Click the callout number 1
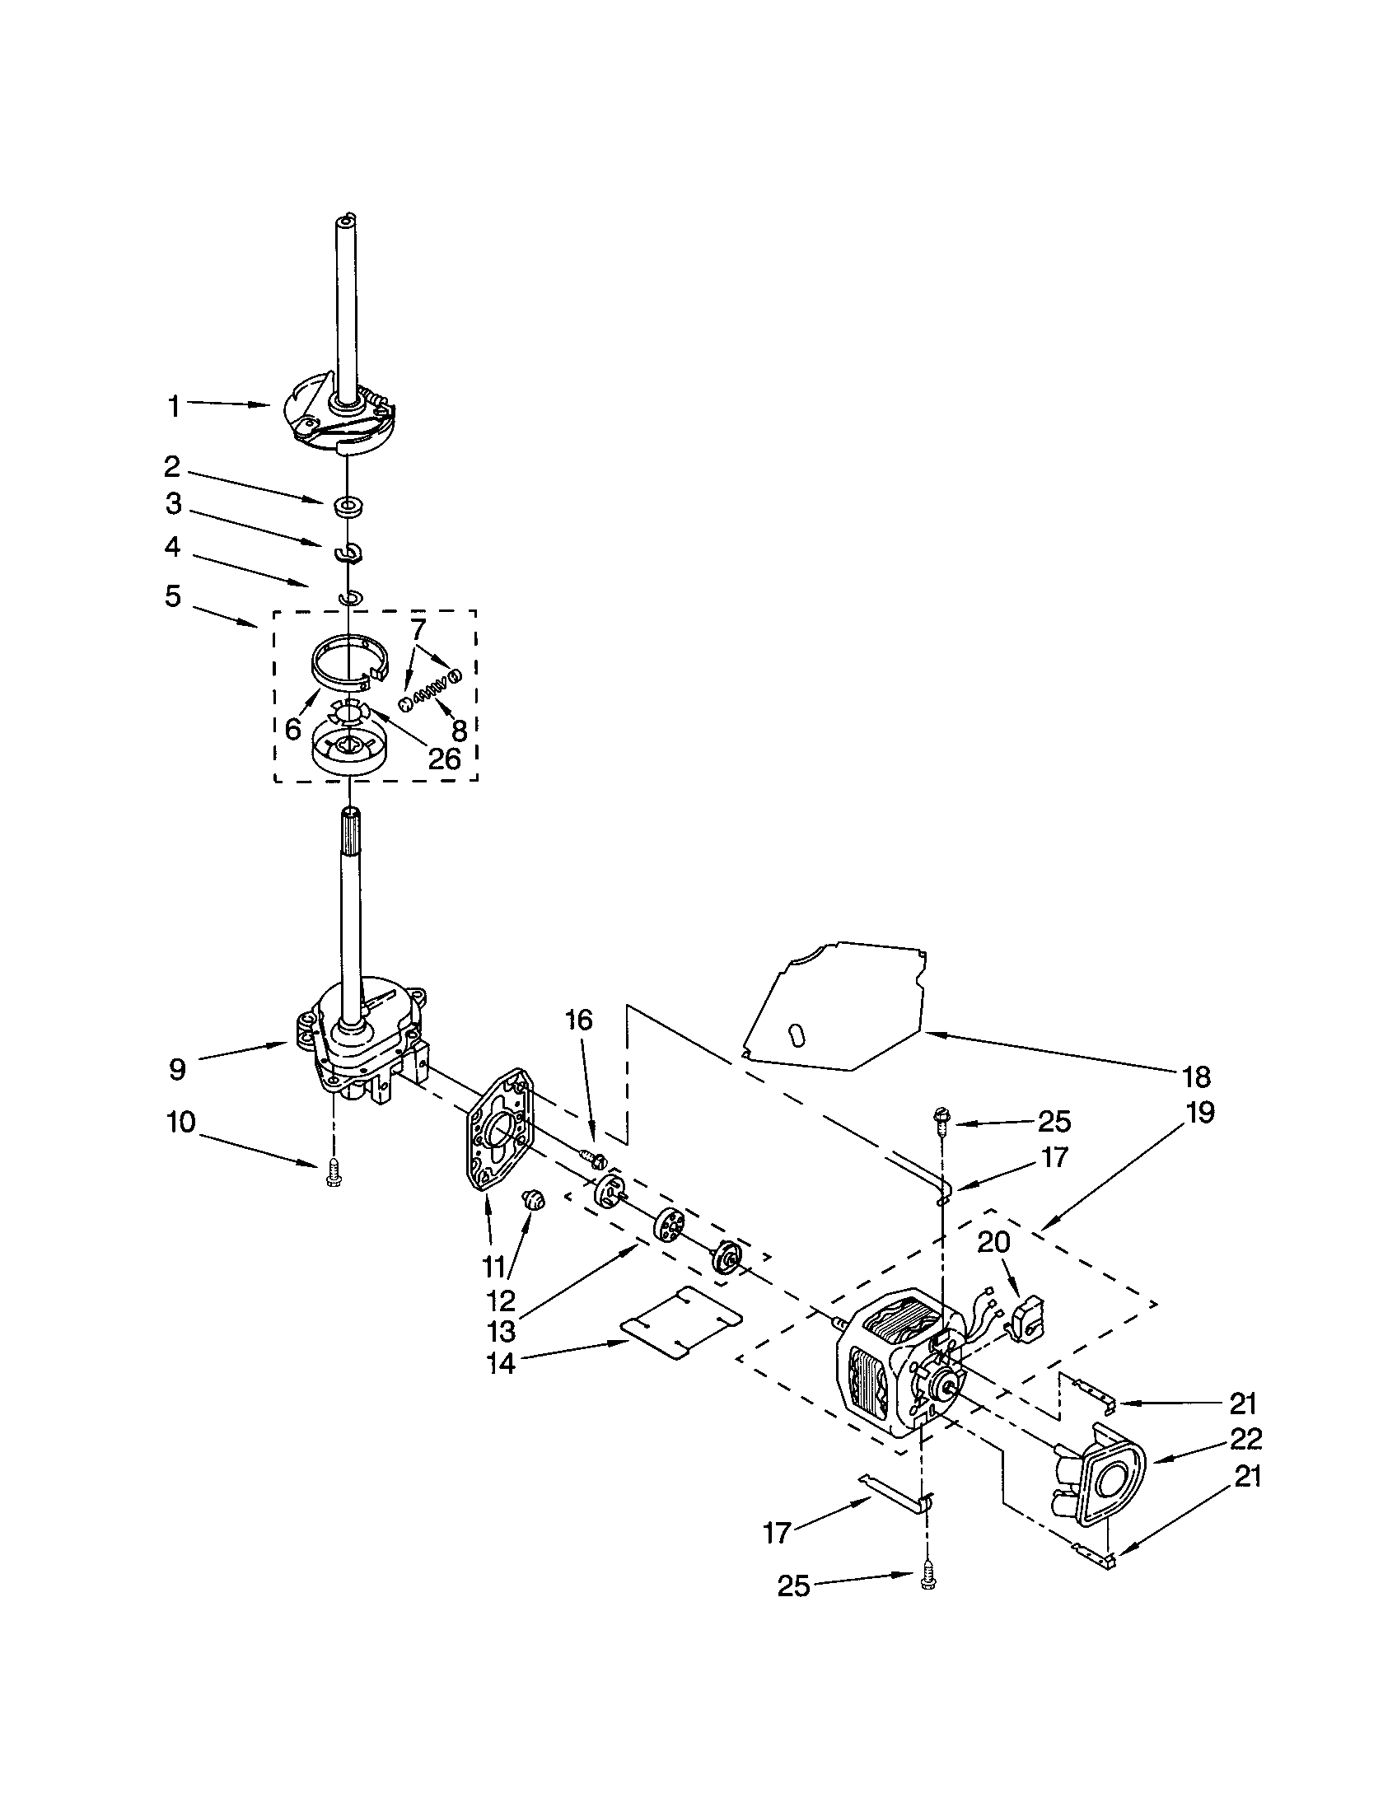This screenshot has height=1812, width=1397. tap(173, 407)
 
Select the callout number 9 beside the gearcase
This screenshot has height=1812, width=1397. tap(178, 1069)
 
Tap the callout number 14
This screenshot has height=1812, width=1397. tap(501, 1363)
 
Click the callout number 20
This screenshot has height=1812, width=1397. tap(994, 1241)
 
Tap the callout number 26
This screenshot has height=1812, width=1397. tap(444, 759)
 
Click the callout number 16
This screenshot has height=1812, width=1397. tap(579, 1020)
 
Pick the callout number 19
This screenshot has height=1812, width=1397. tap(1200, 1112)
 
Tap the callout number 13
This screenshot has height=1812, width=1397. tap(501, 1331)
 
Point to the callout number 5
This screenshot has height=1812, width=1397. tap(171, 595)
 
